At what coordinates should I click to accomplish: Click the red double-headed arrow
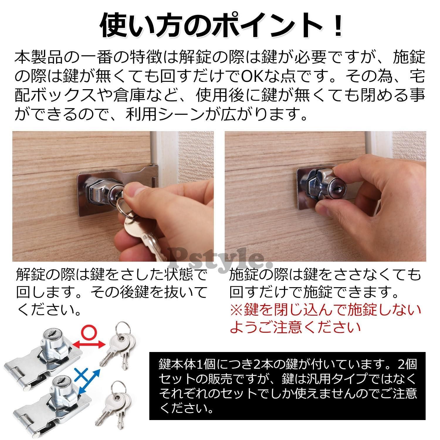pos(88,343)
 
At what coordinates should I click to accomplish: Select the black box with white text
pos(287,386)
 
